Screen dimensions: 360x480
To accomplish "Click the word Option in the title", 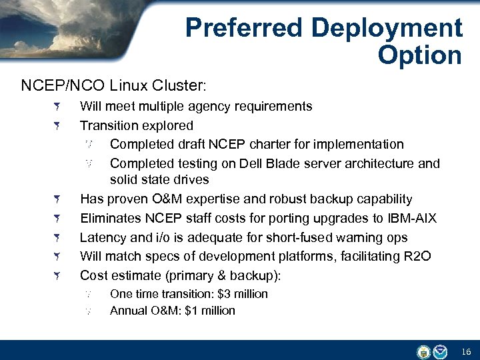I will pyautogui.click(x=419, y=55).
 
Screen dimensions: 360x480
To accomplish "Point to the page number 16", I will pyautogui.click(x=466, y=351).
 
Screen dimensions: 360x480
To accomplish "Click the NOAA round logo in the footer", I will pyautogui.click(x=440, y=351).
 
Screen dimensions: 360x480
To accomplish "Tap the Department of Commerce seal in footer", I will pyautogui.click(x=423, y=351).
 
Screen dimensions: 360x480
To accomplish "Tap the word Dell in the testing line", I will pyautogui.click(x=258, y=163).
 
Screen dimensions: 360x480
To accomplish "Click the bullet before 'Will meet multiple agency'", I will pyautogui.click(x=58, y=107).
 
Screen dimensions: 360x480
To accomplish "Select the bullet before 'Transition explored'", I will pyautogui.click(x=58, y=125).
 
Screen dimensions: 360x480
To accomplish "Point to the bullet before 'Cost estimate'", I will pyautogui.click(x=58, y=275).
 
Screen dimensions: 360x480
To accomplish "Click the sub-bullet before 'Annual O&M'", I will pyautogui.click(x=88, y=311).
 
